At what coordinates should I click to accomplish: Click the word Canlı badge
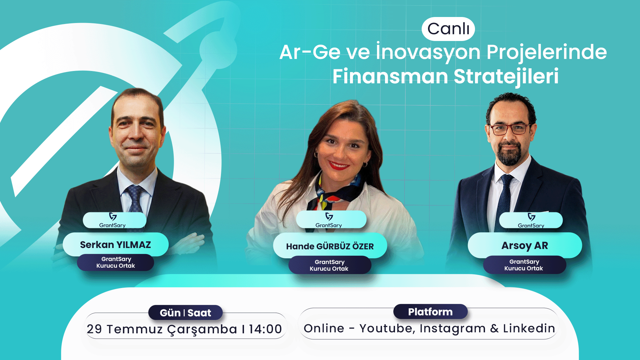coord(448,29)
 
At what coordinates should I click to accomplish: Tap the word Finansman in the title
coord(390,76)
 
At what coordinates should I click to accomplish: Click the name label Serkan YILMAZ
coord(115,245)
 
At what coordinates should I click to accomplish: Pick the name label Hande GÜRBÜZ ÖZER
coord(330,246)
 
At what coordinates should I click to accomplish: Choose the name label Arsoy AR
coord(525,246)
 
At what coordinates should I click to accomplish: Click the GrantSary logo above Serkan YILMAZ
coord(113,220)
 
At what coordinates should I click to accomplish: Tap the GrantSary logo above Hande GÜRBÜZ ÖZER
coord(329,220)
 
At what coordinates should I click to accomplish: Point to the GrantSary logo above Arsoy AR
coord(531,220)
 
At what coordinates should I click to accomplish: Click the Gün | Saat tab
coord(185,313)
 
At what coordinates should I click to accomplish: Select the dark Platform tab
coord(430,312)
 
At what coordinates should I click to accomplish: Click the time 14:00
coord(265,329)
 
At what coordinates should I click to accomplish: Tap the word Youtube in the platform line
coord(387,329)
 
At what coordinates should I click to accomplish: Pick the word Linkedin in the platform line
coord(529,328)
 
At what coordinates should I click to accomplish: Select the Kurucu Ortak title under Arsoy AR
coord(524,268)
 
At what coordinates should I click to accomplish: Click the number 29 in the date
coord(94,329)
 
